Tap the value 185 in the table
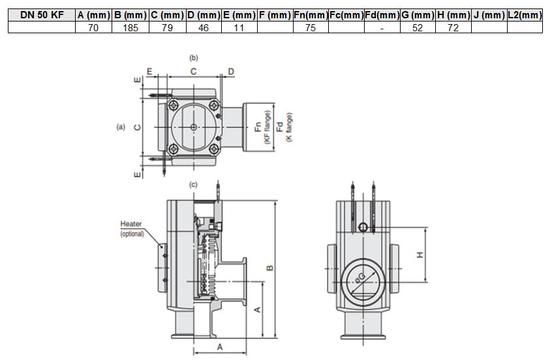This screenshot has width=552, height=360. [x=130, y=27]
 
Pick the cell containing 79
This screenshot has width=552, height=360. [x=166, y=27]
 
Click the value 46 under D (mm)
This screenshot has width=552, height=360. [x=203, y=27]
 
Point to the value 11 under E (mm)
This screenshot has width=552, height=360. [x=239, y=27]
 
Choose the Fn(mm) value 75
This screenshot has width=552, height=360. [x=310, y=27]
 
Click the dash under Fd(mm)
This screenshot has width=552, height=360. [x=381, y=27]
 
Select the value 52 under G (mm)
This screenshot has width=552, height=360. [x=418, y=27]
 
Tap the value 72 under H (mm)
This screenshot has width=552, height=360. [x=453, y=27]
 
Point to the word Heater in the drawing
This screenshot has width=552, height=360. [x=131, y=224]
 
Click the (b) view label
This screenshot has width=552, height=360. [x=193, y=58]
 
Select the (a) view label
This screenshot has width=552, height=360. [x=120, y=127]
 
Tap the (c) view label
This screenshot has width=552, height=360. [x=193, y=185]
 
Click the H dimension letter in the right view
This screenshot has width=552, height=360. [x=421, y=254]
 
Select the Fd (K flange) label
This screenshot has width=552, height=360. [x=280, y=127]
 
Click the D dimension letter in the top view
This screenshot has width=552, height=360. [x=231, y=70]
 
